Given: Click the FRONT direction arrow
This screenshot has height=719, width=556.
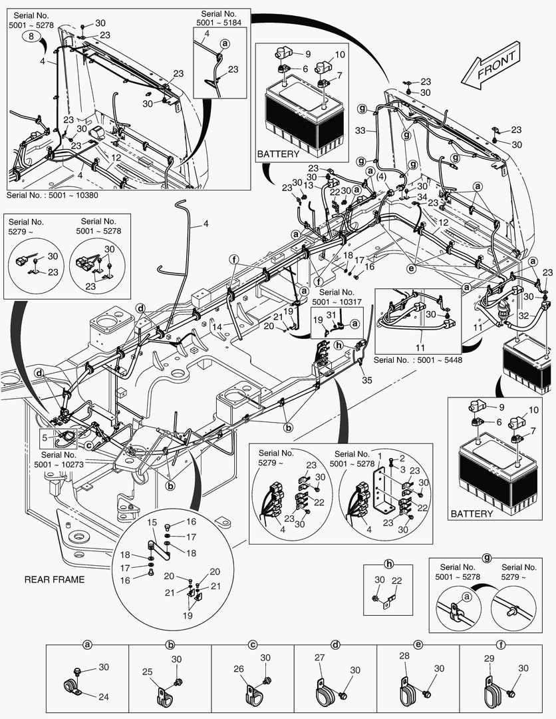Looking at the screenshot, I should [495, 69].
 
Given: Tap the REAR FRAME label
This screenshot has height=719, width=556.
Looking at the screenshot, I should [55, 580].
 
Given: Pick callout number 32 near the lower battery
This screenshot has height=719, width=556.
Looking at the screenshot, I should [525, 317].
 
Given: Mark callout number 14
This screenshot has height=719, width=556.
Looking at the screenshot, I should [217, 328].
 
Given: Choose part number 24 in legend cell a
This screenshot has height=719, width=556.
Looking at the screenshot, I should [103, 698].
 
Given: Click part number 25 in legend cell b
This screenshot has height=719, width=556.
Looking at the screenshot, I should [148, 673].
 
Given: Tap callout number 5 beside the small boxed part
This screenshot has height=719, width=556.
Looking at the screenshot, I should [45, 438].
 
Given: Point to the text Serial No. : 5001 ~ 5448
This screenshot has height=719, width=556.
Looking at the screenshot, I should [417, 360].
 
